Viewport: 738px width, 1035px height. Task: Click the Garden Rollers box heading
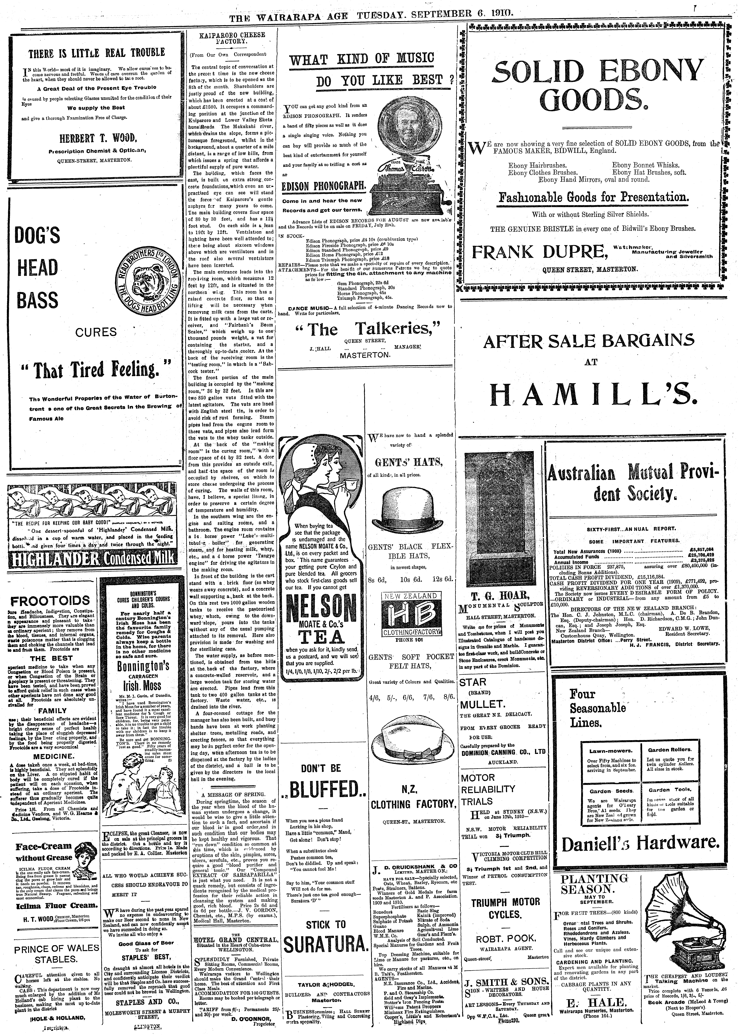click(669, 749)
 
